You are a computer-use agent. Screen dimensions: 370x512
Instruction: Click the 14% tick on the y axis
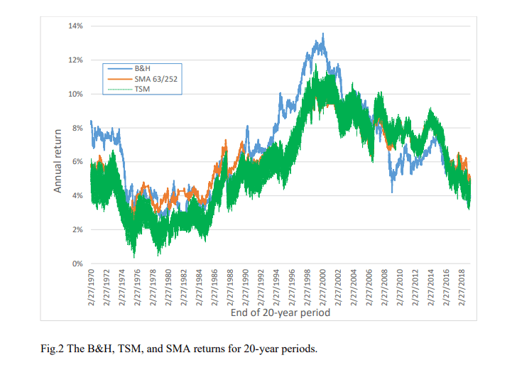coord(75,26)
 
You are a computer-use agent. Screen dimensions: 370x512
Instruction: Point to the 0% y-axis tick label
coord(77,264)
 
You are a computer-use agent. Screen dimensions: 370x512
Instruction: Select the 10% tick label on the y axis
coord(75,94)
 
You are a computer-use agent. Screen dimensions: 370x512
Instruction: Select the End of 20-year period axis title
coord(280,311)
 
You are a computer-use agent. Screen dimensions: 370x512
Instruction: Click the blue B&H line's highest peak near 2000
coord(323,33)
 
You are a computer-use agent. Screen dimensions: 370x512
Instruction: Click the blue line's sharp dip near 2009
coord(391,192)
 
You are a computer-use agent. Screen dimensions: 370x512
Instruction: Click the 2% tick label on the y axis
coord(77,230)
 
